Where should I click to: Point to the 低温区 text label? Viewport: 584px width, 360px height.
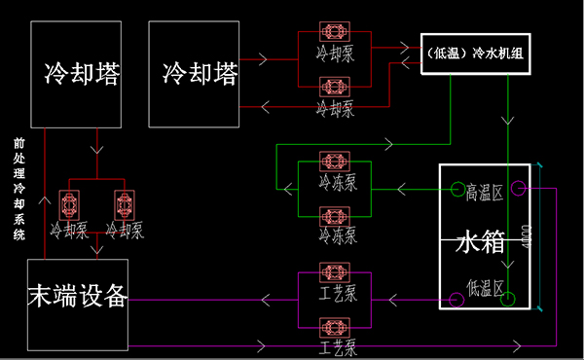[x=484, y=289]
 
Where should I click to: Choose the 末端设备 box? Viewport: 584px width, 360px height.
[x=78, y=306]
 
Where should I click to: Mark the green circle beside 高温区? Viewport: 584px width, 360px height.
[x=455, y=189]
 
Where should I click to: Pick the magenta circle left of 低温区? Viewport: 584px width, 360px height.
[x=455, y=300]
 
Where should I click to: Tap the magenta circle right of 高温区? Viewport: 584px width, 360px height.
[x=518, y=189]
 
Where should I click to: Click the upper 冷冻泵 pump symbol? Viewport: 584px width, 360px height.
[x=335, y=161]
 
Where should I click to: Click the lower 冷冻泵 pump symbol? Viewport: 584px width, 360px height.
[x=335, y=216]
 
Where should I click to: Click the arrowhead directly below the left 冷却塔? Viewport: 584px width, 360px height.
[x=95, y=150]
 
